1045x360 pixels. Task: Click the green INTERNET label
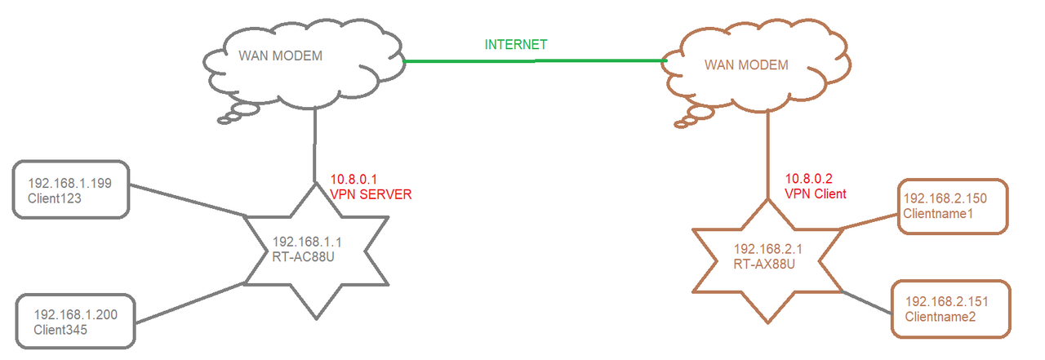(516, 44)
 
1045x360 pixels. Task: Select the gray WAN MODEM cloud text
(280, 56)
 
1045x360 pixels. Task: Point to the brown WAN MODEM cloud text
(746, 64)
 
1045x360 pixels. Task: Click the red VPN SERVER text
(371, 194)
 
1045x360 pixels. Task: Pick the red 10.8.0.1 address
(352, 180)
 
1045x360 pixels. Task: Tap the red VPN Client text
(816, 194)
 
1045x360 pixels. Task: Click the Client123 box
(72, 189)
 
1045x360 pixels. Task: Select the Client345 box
(75, 322)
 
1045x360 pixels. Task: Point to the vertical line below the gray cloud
(313, 147)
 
